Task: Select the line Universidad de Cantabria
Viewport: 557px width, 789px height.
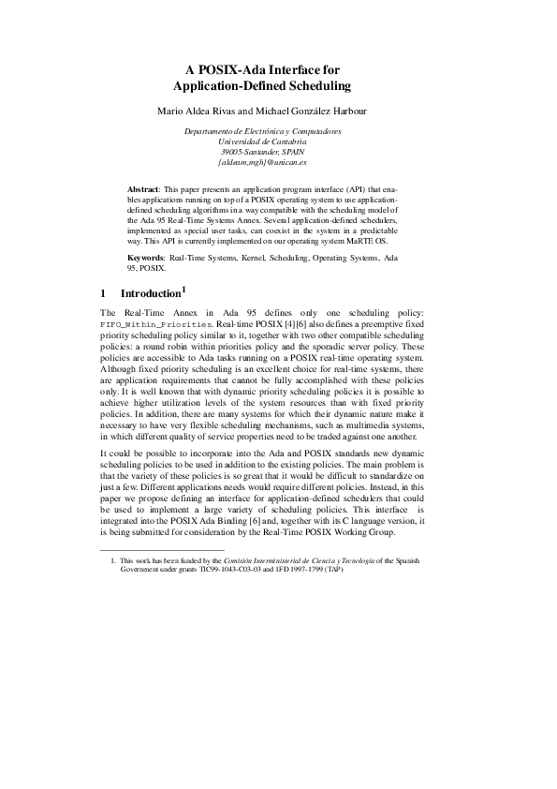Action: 277,141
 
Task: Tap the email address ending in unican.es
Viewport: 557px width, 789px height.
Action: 277,161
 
